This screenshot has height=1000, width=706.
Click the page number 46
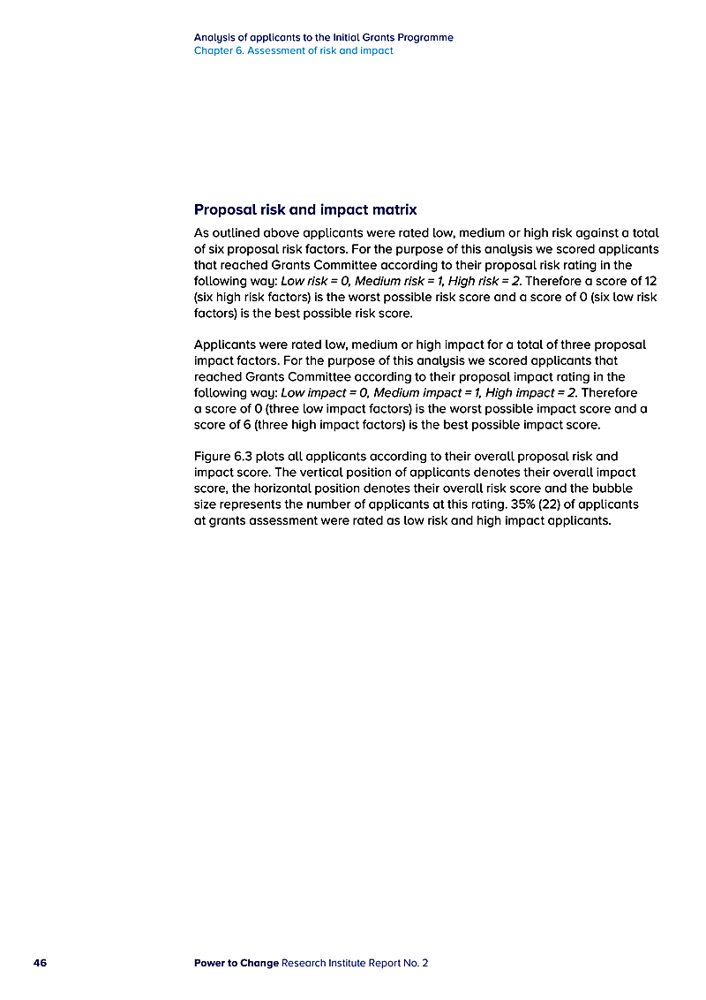coord(40,963)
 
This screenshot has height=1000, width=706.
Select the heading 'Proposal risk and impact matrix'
coord(305,210)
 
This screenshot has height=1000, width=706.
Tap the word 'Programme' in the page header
coord(424,38)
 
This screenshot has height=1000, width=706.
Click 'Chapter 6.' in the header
coord(219,51)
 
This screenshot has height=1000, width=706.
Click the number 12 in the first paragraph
coord(650,281)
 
